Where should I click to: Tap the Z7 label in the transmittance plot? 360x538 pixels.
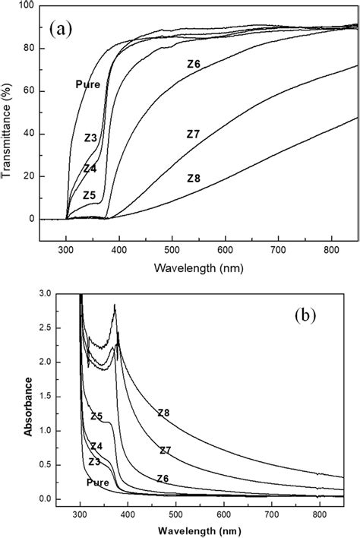tap(194, 134)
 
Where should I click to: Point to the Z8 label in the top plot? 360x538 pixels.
tap(194, 179)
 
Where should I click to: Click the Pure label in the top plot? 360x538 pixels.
tap(87, 84)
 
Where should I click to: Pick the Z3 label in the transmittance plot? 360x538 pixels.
tap(90, 138)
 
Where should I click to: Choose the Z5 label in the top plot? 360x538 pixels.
tap(90, 195)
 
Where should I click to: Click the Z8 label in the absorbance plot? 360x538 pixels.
tap(163, 413)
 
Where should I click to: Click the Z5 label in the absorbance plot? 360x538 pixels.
tap(96, 416)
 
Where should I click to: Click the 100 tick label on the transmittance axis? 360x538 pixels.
tap(26, 6)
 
